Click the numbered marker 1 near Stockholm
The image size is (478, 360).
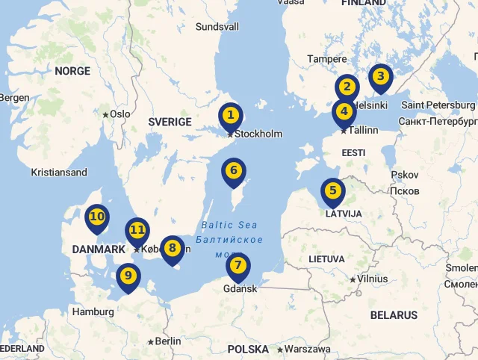pos(231,116)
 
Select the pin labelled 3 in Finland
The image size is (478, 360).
pos(380,76)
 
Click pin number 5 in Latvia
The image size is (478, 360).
pos(332,191)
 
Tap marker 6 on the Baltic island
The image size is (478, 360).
pos(234,171)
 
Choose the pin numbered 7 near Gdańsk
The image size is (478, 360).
pos(238,265)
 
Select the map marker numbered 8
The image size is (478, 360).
pos(173,249)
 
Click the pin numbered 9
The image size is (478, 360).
pos(128,276)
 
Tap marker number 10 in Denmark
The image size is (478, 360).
pos(96,217)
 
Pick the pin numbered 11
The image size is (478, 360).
pos(137,230)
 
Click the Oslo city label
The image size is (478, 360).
pos(119,114)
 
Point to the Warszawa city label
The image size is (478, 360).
pos(307,349)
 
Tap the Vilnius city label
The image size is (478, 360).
pos(372,279)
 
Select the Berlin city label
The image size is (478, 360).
pos(168,341)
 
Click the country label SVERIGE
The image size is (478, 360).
pos(170,122)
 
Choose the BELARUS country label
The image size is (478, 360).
pos(394,315)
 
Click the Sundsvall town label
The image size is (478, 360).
pos(217,27)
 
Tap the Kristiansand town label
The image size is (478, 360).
pos(59,173)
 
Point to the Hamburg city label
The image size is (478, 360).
pos(93,311)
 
